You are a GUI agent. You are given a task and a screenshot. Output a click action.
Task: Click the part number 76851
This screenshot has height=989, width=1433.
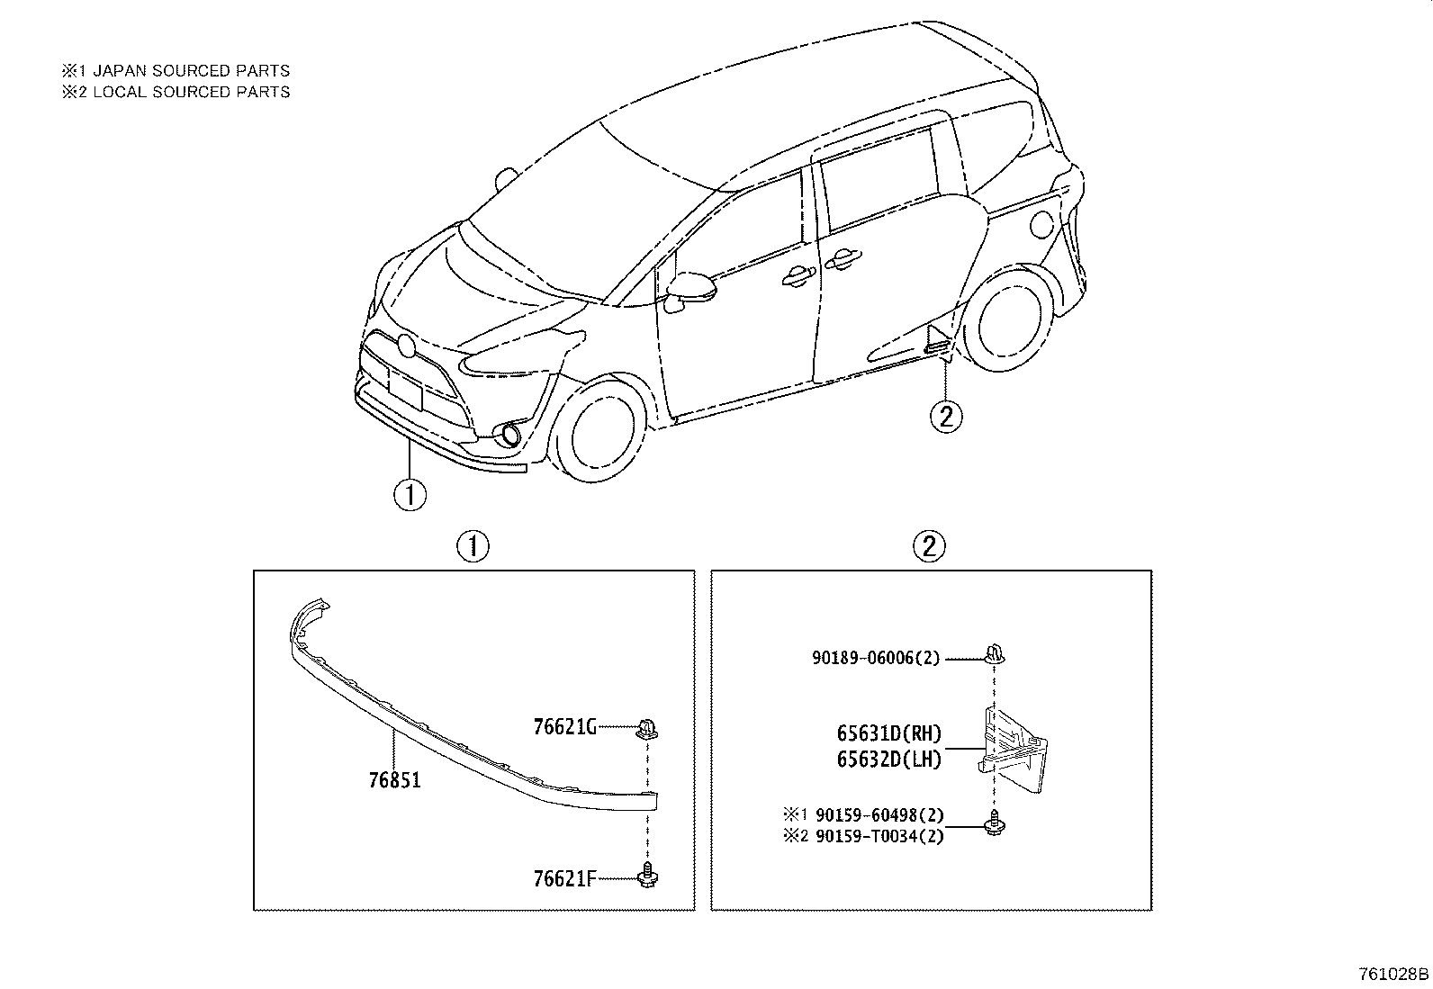[x=395, y=780]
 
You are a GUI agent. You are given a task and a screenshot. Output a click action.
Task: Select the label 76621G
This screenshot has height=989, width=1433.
[x=565, y=727]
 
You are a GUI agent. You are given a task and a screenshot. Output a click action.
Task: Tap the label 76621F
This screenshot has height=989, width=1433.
[x=565, y=879]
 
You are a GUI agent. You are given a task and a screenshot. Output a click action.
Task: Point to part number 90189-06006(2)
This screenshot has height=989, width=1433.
[x=877, y=658]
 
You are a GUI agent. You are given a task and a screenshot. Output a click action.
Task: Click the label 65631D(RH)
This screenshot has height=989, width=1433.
[x=889, y=733]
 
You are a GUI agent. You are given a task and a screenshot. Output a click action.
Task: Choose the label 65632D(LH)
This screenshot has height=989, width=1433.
[x=889, y=760]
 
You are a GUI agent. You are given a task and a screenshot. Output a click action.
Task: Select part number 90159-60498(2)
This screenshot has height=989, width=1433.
[x=879, y=815]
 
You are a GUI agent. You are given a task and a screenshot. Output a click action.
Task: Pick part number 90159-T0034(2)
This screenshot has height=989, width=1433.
[x=879, y=836]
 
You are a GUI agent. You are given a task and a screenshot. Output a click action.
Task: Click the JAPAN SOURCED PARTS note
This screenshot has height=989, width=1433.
[x=192, y=70]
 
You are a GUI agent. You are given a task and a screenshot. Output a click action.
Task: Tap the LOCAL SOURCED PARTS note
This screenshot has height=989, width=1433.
[x=192, y=92]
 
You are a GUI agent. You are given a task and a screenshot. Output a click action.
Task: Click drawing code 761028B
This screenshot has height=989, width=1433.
[x=1393, y=974]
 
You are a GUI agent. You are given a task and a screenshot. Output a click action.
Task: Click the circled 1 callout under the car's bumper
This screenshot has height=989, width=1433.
[x=410, y=495]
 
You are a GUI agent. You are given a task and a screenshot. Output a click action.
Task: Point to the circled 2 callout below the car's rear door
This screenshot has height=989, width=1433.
[x=946, y=417]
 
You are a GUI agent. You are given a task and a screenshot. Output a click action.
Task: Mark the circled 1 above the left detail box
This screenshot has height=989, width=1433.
[x=473, y=546]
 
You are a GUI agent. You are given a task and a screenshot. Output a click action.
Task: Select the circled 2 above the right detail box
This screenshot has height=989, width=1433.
[x=929, y=546]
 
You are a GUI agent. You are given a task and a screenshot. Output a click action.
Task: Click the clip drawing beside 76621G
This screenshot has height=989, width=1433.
[x=647, y=729]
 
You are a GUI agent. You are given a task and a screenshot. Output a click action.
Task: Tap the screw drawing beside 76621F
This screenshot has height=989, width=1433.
[x=648, y=876]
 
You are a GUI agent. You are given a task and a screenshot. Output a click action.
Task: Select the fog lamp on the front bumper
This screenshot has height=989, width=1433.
[x=510, y=434]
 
